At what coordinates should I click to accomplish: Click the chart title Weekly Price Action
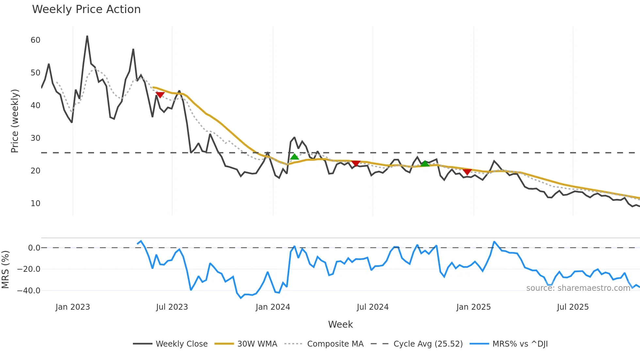click(x=86, y=9)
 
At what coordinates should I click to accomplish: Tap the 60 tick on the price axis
click(x=35, y=40)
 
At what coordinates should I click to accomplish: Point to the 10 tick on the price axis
click(x=35, y=204)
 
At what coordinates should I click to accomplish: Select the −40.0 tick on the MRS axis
click(x=29, y=290)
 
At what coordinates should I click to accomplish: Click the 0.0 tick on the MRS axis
click(x=34, y=248)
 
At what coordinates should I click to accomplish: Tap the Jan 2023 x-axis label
click(x=72, y=307)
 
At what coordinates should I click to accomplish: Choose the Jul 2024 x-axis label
click(x=373, y=307)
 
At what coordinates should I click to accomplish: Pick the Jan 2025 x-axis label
click(x=473, y=307)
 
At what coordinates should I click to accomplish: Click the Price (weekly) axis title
click(x=15, y=121)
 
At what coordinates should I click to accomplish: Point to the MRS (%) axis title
click(x=5, y=270)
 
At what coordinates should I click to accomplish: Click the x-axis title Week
click(x=340, y=324)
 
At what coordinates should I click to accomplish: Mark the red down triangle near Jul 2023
click(x=160, y=95)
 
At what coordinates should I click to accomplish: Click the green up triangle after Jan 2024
click(x=295, y=157)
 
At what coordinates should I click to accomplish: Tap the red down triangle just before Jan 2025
click(x=467, y=172)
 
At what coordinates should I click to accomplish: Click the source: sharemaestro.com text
click(x=578, y=288)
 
